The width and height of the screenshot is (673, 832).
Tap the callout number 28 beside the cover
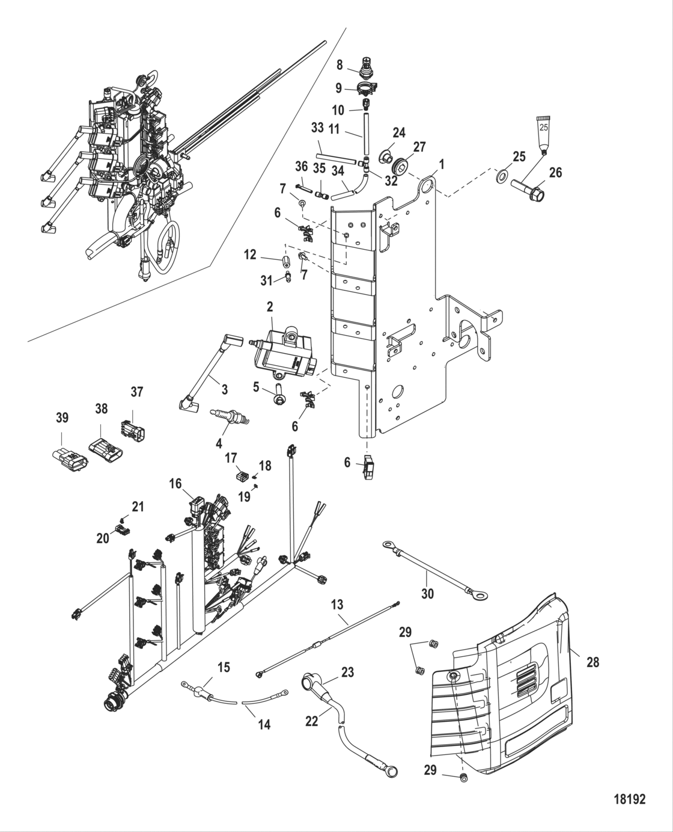pyautogui.click(x=592, y=662)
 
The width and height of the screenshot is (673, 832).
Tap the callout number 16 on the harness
pyautogui.click(x=175, y=484)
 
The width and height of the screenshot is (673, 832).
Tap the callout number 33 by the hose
pyautogui.click(x=317, y=128)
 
